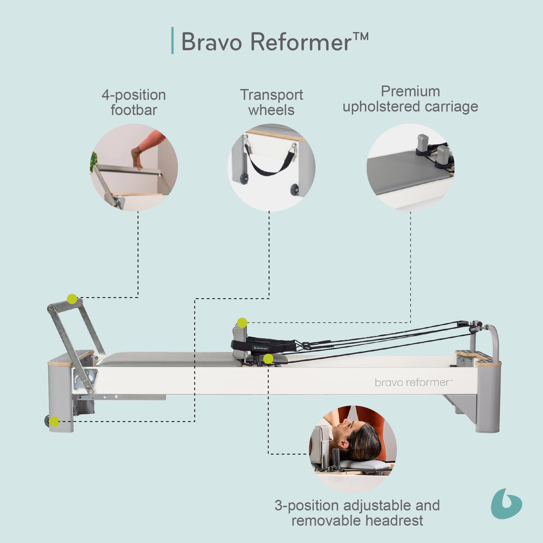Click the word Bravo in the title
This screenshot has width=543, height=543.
point(212,42)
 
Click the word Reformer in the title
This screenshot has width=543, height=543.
point(301,42)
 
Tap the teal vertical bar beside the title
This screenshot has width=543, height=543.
point(172,40)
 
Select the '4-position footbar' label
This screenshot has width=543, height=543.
point(134,102)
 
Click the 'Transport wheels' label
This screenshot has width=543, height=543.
point(271,102)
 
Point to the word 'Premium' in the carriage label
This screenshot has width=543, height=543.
point(410,91)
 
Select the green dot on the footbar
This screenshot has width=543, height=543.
point(72,299)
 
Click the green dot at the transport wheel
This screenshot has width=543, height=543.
point(54,421)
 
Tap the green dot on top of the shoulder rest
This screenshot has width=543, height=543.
point(242,323)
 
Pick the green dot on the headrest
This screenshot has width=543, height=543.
point(268,359)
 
